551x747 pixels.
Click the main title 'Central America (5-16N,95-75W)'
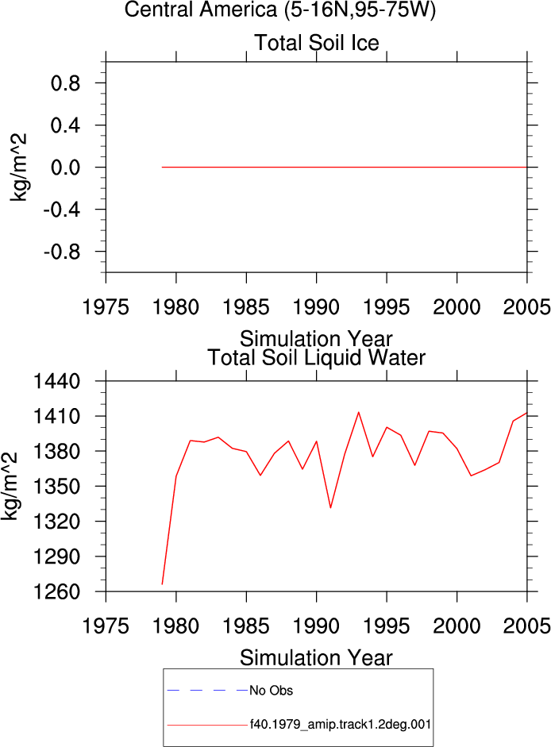279,10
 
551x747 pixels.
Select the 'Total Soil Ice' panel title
317,42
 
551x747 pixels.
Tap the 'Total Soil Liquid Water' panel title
317,357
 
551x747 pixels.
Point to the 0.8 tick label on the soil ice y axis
65,83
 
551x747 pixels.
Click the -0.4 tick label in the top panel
62,210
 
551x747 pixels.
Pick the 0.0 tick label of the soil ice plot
65,167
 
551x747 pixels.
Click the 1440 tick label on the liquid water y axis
56,382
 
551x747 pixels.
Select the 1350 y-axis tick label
56,487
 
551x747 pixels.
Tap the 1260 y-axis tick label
56,592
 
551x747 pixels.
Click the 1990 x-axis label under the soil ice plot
317,307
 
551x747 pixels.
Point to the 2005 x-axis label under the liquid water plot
526,626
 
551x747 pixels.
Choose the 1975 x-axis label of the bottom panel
106,626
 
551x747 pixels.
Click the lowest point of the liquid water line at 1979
162,584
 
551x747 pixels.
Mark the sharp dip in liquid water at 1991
330,508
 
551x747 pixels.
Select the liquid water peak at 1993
358,412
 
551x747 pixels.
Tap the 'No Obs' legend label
271,691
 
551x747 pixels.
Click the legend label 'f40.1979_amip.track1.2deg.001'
341,725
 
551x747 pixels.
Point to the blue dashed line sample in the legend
207,691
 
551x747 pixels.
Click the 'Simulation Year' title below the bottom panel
316,658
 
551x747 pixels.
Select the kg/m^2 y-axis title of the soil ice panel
18,167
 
